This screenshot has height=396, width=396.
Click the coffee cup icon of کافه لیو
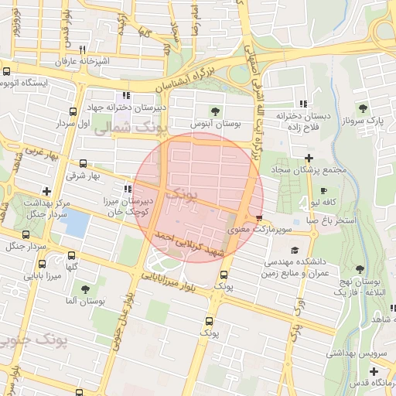[x=323, y=190]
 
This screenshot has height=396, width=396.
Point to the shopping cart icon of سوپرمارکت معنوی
[x=258, y=217]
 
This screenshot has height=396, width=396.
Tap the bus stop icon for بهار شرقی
[x=84, y=164]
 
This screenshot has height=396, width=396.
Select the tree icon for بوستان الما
[x=85, y=288]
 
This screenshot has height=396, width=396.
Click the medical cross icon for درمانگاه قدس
[x=374, y=372]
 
